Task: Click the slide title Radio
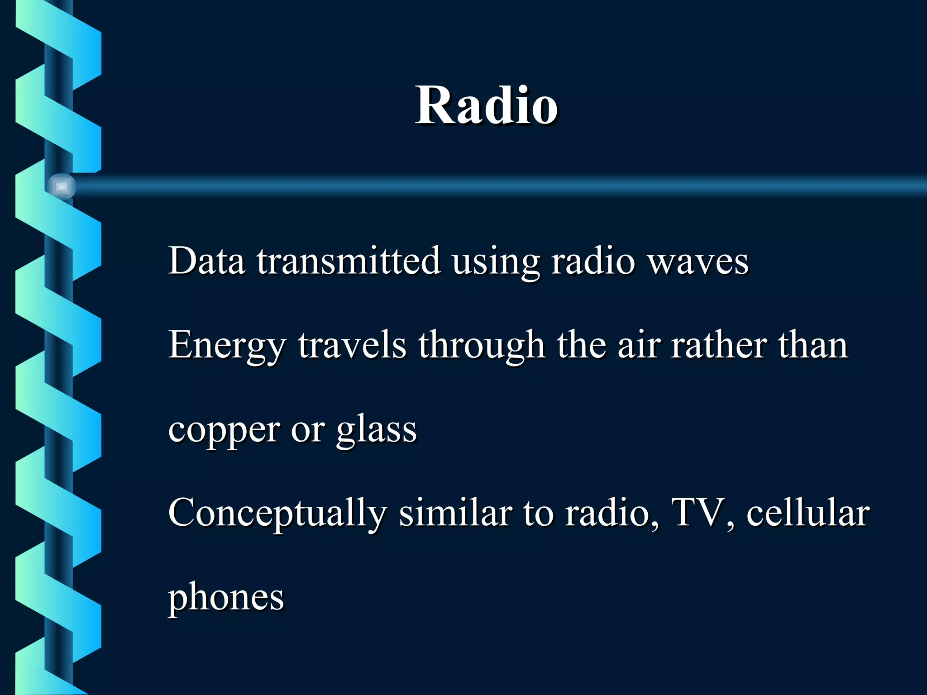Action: pyautogui.click(x=486, y=106)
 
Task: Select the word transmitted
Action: pyautogui.click(x=349, y=261)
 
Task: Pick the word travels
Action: pyautogui.click(x=352, y=345)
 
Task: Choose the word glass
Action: pyautogui.click(x=376, y=430)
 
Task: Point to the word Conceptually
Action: pyautogui.click(x=277, y=514)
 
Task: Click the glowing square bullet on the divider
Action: pyautogui.click(x=62, y=186)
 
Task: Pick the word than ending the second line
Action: pyautogui.click(x=812, y=345)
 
